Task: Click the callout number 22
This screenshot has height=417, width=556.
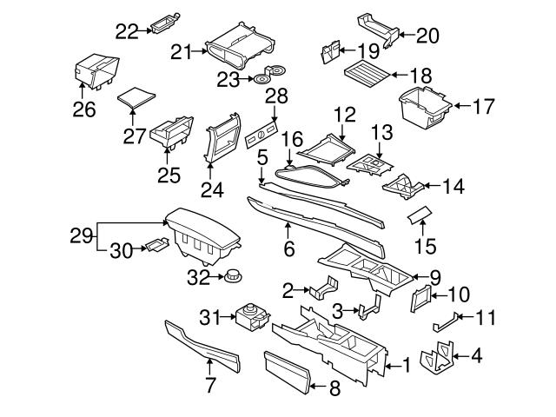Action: click(x=127, y=31)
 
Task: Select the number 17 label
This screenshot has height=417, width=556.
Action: click(x=485, y=108)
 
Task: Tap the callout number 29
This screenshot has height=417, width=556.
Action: click(x=81, y=235)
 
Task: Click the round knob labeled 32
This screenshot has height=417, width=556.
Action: click(x=232, y=278)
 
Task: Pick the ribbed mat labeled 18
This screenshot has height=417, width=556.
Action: click(x=363, y=69)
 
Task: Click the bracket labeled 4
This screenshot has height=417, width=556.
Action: click(x=436, y=358)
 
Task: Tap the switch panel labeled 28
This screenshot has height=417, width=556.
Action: click(x=261, y=136)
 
